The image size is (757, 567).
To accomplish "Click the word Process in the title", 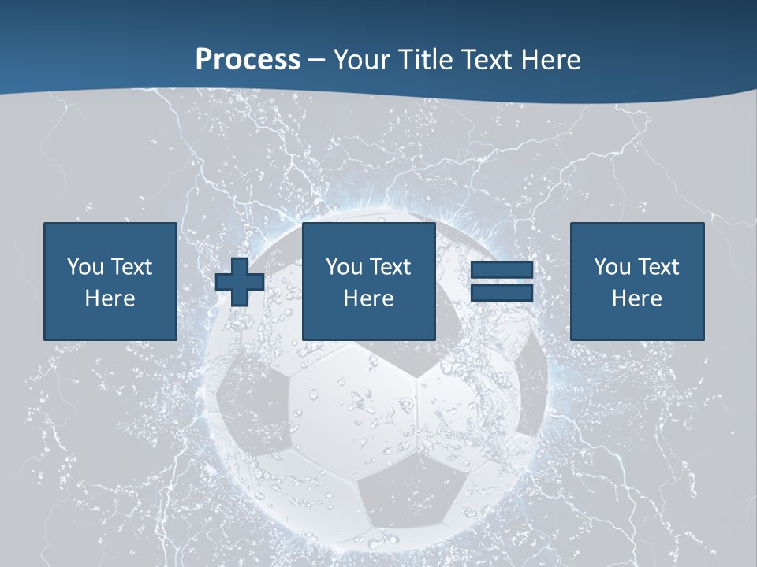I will point(248,60).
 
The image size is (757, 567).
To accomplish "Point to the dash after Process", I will point(317,61).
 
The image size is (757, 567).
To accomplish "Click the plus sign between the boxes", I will point(240,282).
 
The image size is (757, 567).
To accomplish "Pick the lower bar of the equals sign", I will point(502,293).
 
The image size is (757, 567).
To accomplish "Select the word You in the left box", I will point(84,267).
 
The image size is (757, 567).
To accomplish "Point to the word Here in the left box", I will point(110,298).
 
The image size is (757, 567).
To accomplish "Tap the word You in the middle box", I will point(343,267).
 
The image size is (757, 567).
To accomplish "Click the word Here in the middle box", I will point(368,298).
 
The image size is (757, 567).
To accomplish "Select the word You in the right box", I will point(611,267).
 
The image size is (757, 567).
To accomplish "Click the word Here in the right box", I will point(636,298).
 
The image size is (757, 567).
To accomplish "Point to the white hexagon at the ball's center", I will point(351,409).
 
